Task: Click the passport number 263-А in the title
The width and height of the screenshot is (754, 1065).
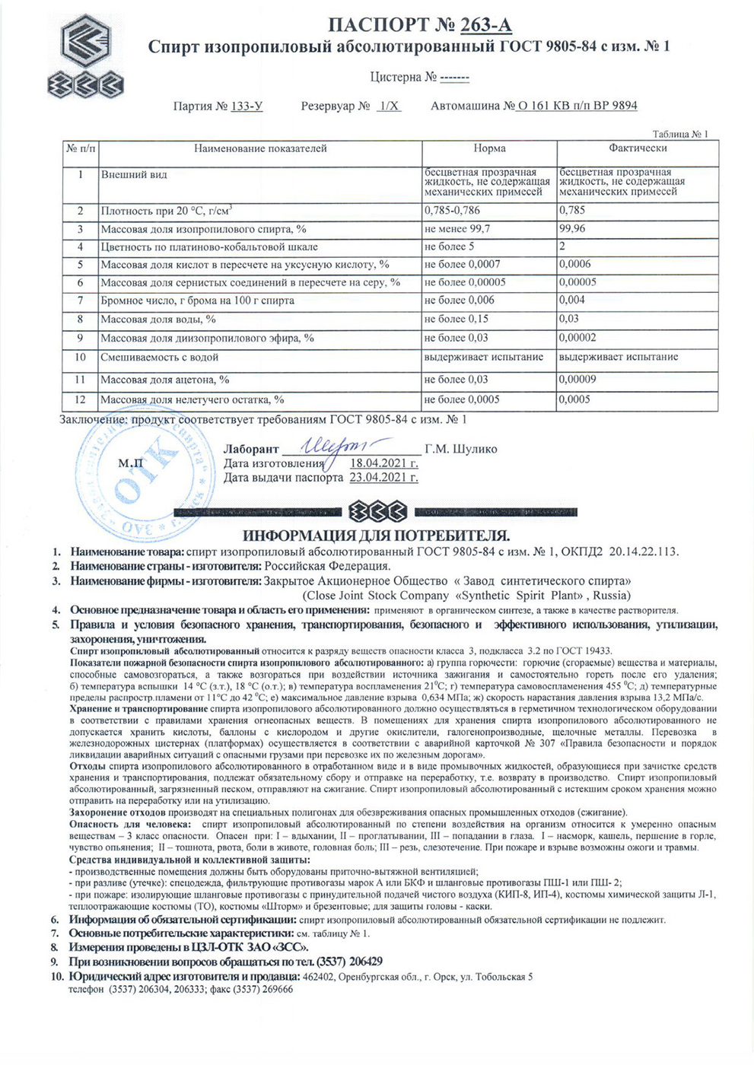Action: point(485,26)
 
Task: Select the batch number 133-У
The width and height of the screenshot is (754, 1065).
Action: point(247,106)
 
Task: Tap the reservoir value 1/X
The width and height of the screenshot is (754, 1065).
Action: point(389,106)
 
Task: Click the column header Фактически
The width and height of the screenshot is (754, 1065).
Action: point(638,148)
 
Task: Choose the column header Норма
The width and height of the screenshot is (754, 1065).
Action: point(489,148)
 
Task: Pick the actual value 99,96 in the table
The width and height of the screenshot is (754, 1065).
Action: point(572,229)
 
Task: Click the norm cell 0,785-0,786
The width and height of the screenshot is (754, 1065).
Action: point(452,211)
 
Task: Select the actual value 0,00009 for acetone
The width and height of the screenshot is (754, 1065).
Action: point(577,380)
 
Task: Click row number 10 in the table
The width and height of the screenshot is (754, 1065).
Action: point(80,357)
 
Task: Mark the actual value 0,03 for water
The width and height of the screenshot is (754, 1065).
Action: point(568,319)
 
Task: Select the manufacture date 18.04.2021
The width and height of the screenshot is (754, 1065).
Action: point(383,463)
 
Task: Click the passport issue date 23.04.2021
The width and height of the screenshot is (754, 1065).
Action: point(383,478)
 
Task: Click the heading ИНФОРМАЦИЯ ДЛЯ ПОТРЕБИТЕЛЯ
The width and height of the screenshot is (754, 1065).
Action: point(376,536)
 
